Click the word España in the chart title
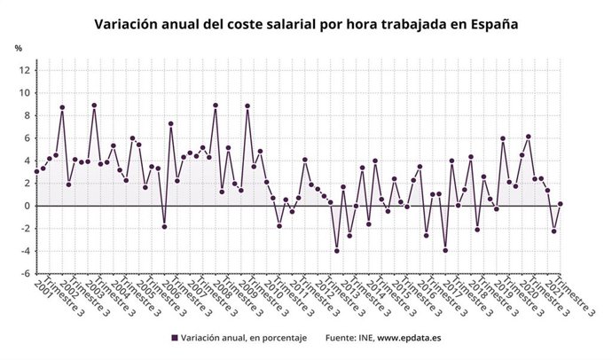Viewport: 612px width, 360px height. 487,25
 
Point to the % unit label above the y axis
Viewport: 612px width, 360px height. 18,47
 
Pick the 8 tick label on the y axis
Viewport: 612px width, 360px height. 27,115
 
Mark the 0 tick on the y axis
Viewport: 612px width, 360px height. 27,206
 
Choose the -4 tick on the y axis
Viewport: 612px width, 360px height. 25,251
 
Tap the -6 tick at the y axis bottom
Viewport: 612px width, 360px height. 25,273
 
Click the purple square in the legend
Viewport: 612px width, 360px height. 174,338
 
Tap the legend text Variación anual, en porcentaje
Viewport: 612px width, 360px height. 243,338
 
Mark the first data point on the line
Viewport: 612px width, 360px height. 36,171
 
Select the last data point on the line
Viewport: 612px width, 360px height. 561,204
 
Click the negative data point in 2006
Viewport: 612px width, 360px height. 164,226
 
